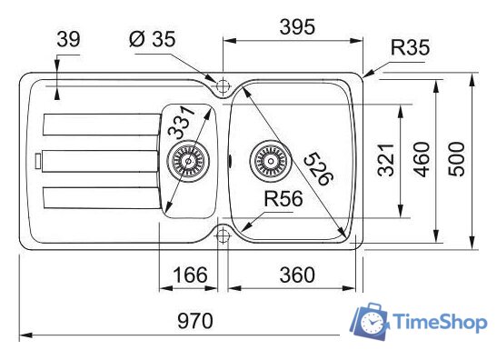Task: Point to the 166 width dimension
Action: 190,275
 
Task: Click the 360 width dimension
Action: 297,275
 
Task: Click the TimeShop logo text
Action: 441,323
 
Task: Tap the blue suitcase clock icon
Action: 370,321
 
